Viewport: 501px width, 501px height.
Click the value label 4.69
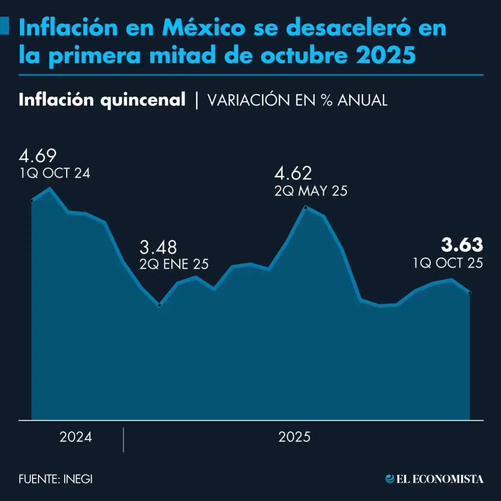tap(38, 156)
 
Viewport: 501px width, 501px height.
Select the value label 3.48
tap(158, 247)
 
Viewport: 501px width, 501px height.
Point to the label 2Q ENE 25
tap(174, 265)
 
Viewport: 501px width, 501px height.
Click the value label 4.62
tap(293, 174)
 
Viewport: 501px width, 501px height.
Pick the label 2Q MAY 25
tap(311, 191)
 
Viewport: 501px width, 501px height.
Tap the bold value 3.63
tap(462, 245)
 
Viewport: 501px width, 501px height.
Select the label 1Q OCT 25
tap(448, 263)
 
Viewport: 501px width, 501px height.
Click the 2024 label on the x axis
tap(76, 437)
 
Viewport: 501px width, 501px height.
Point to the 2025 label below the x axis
tap(295, 437)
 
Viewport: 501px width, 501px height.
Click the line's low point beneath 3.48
tap(159, 305)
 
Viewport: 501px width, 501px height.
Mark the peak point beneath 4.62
tap(306, 207)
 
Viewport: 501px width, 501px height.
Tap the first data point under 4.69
tap(32, 201)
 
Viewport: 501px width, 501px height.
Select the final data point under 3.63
tap(469, 293)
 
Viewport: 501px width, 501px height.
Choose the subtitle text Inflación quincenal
tap(102, 100)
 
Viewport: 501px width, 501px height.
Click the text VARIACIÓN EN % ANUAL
tap(297, 100)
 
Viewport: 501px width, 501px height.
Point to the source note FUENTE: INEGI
tap(56, 479)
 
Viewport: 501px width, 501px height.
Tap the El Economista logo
tap(434, 479)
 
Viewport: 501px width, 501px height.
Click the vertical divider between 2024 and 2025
tap(123, 439)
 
